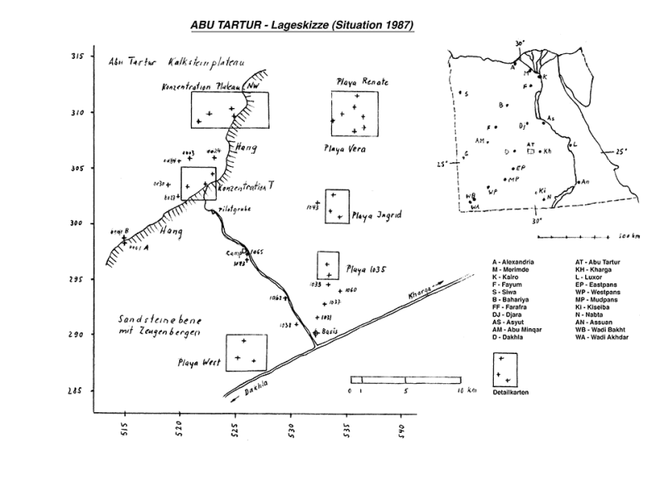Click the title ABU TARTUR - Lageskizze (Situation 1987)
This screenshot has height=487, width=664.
pyautogui.click(x=302, y=26)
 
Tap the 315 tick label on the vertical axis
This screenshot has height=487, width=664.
pyautogui.click(x=77, y=57)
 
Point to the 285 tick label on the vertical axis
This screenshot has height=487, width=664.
pyautogui.click(x=77, y=391)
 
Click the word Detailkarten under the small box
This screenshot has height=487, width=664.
pyautogui.click(x=511, y=391)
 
